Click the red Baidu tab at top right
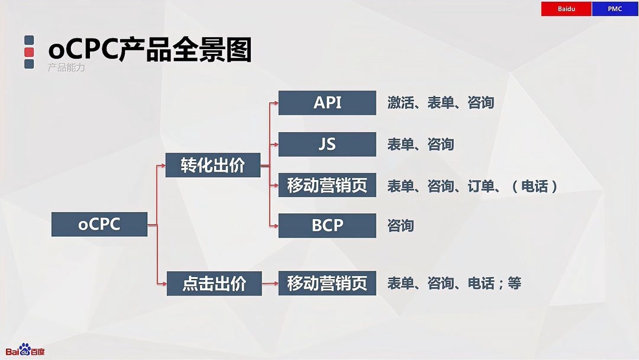[566, 9]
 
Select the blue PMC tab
[615, 9]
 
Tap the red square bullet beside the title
[29, 52]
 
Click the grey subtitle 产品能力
[66, 67]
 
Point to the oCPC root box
[99, 224]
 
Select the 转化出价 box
[212, 165]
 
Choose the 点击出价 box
[214, 284]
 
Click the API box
[327, 102]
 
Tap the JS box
[327, 144]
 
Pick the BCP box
[327, 226]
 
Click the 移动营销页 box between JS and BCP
[327, 185]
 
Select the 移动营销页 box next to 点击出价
[327, 283]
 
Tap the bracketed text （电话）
[535, 186]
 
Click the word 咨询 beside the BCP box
[401, 226]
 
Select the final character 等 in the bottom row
[514, 283]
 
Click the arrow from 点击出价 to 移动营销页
[270, 284]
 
